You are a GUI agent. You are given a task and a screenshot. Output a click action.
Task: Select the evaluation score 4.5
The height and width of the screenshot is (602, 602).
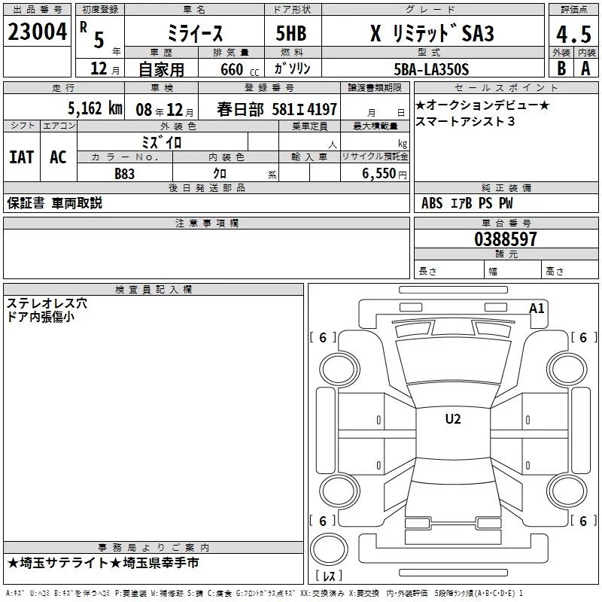pos(573,34)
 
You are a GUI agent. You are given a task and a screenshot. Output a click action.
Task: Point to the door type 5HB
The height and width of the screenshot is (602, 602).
pos(292,35)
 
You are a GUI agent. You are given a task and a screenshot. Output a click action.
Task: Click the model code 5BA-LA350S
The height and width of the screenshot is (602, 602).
pos(431,69)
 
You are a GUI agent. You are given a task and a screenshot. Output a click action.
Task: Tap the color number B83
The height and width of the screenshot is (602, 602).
pos(126,174)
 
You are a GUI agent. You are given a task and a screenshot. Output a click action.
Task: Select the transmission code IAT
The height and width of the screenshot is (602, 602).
pos(21,157)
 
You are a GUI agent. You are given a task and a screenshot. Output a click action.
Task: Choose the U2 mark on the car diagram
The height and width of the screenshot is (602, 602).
pos(453,419)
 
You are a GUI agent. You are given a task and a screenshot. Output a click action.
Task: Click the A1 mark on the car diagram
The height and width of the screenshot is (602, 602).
pos(537,308)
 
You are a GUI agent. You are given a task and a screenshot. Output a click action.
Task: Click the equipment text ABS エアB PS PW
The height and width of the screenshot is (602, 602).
pos(467,203)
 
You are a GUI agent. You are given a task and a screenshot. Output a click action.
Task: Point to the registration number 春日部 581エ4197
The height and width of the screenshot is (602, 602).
pos(277,109)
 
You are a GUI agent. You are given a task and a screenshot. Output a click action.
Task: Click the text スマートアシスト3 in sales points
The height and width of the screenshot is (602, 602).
pos(465,122)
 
